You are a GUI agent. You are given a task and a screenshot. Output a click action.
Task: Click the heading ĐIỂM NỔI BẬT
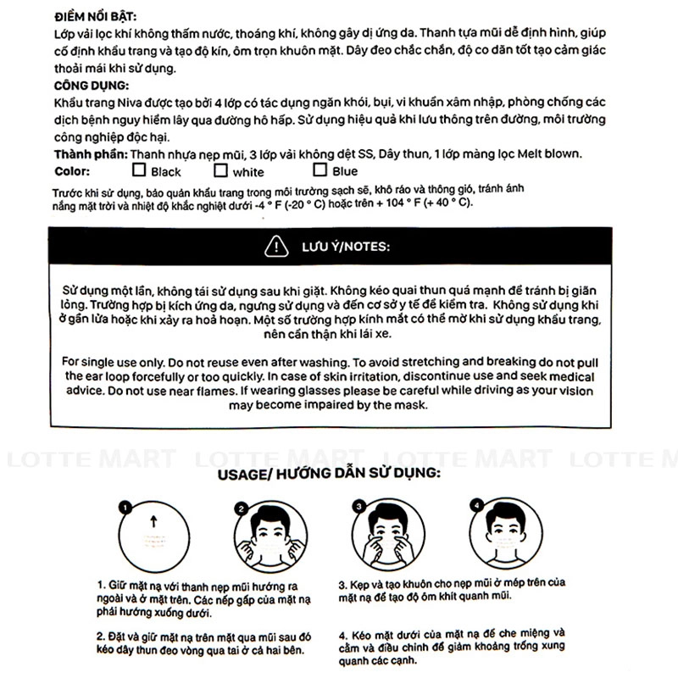(x=93, y=16)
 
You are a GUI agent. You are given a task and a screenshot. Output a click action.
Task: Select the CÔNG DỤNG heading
(x=91, y=86)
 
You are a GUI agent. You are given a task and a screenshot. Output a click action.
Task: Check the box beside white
(x=221, y=170)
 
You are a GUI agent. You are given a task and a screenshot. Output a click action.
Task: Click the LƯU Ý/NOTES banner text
(x=346, y=247)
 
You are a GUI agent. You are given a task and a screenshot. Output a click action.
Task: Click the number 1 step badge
(x=125, y=508)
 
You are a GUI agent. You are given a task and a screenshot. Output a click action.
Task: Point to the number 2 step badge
(x=241, y=508)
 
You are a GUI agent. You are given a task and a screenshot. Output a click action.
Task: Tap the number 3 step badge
(x=358, y=507)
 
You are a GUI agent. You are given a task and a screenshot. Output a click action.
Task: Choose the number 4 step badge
(x=475, y=506)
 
